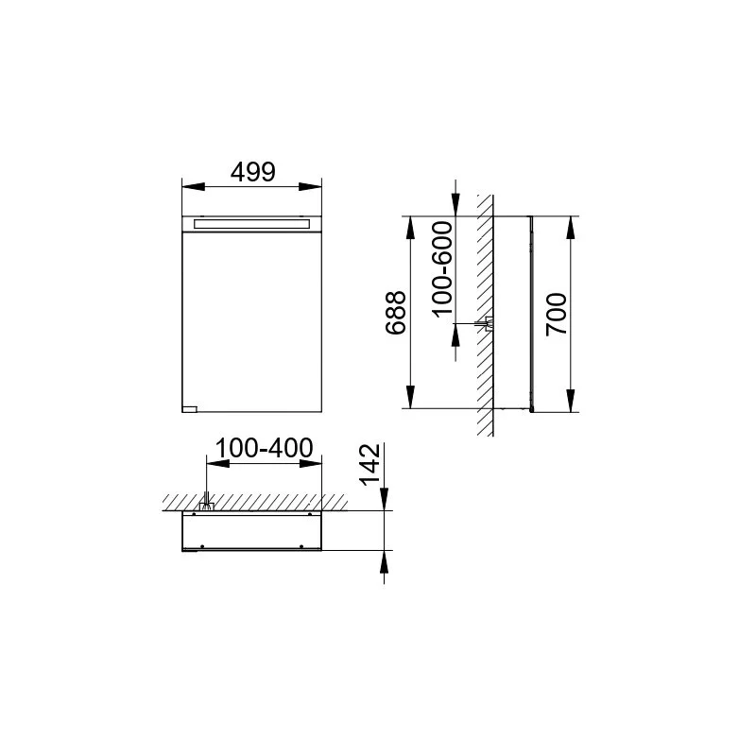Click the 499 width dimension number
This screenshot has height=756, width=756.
tap(252, 172)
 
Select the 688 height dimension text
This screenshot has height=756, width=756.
tap(397, 313)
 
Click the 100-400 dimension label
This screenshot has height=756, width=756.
tap(264, 448)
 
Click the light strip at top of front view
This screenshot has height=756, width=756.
tap(251, 224)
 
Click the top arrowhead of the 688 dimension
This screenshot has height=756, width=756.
tap(410, 224)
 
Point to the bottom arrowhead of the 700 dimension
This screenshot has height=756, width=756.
tap(571, 404)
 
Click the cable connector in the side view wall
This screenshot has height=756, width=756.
tap(489, 324)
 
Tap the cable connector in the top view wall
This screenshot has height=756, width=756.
tap(206, 505)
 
